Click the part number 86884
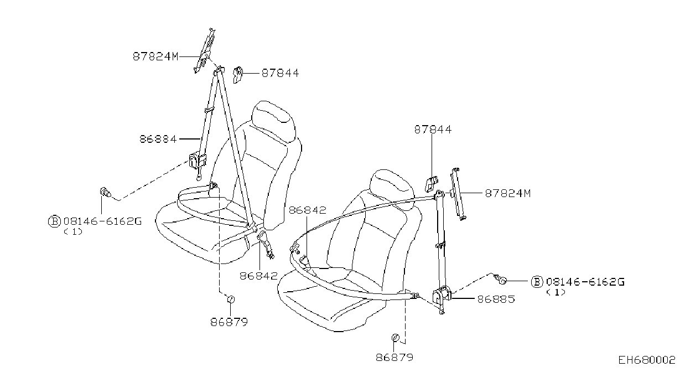pyautogui.click(x=158, y=139)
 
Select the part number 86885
pyautogui.click(x=496, y=299)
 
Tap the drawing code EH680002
pyautogui.click(x=647, y=360)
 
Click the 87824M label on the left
pyautogui.click(x=155, y=56)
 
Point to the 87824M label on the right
pyautogui.click(x=507, y=193)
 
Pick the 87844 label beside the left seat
pyautogui.click(x=280, y=73)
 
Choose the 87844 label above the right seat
pyautogui.click(x=433, y=130)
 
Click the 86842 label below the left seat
pyautogui.click(x=258, y=276)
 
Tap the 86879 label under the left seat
pyautogui.click(x=229, y=322)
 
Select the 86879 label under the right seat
pyautogui.click(x=394, y=358)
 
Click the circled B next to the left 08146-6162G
pyautogui.click(x=54, y=221)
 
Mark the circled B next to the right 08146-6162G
pyautogui.click(x=537, y=282)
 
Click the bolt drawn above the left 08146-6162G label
pyautogui.click(x=105, y=192)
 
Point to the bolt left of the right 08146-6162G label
pyautogui.click(x=500, y=279)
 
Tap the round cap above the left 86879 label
pyautogui.click(x=231, y=299)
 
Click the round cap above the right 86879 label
pyautogui.click(x=395, y=337)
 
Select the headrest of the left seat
pyautogui.click(x=273, y=121)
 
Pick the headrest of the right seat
pyautogui.click(x=392, y=188)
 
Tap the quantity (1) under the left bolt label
pyautogui.click(x=73, y=232)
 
